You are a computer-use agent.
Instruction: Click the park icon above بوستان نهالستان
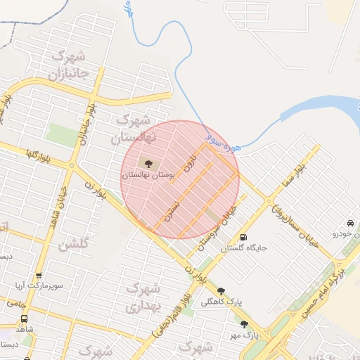pos(148,164)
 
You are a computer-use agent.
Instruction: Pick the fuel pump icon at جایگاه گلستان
pos(244,238)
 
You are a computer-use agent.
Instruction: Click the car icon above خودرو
pos(351,223)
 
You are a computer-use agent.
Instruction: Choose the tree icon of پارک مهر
pos(244,324)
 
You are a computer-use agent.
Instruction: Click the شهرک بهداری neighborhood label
pos(144,297)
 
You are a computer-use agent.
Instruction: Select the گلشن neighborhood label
pos(73,245)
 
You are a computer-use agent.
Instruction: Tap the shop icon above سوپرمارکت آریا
pos(38,276)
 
